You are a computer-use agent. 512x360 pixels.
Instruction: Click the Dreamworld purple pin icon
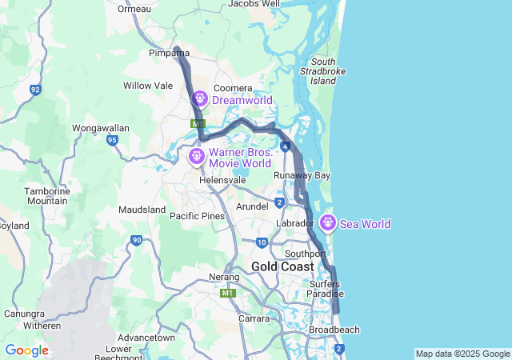point(199,99)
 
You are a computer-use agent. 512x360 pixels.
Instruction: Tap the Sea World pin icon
point(327,223)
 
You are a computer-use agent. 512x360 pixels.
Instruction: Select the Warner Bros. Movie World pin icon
point(196,155)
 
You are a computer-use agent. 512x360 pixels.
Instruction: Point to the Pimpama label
point(168,53)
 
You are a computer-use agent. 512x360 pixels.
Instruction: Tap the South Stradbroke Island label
point(323,71)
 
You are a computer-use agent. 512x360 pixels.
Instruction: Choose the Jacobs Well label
point(254,4)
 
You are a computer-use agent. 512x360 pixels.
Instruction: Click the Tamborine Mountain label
point(46,196)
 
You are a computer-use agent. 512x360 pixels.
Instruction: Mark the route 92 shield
point(35,90)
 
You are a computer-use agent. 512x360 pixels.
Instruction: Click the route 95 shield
point(113,140)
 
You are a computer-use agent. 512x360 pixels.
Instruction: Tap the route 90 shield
point(137,239)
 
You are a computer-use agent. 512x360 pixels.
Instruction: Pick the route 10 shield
point(262,242)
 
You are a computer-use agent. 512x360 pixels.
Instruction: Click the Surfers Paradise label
point(325,289)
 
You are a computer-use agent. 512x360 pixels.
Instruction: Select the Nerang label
point(224,278)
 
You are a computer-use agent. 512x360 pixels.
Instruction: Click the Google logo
point(26,350)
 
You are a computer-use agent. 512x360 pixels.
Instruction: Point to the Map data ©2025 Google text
point(462,354)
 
